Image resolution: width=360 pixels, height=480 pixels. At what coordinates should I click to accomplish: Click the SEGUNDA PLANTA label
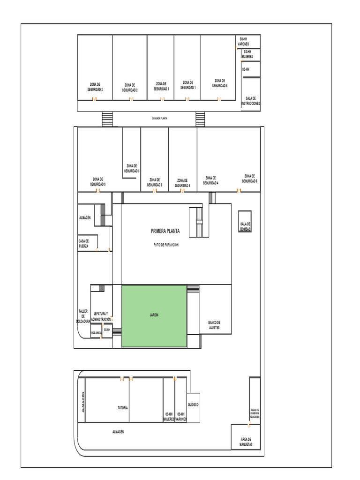click(x=159, y=119)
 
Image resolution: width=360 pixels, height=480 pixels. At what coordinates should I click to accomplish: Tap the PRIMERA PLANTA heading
click(x=165, y=231)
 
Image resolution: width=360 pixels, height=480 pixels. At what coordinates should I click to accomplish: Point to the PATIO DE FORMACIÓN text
click(x=165, y=245)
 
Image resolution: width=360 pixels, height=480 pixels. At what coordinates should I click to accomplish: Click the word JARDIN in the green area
click(x=154, y=315)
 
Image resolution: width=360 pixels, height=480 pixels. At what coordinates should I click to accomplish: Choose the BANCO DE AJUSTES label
click(x=214, y=325)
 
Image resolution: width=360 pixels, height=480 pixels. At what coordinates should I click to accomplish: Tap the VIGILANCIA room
click(x=96, y=332)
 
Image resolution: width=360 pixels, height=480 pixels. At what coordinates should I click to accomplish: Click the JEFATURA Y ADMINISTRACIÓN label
click(x=101, y=316)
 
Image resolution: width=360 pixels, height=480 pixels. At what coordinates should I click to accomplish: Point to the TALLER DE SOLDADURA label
click(x=83, y=316)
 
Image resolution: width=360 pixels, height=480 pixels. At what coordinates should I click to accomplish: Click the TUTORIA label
click(x=122, y=408)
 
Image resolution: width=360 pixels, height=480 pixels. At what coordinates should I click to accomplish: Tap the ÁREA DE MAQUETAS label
click(x=247, y=441)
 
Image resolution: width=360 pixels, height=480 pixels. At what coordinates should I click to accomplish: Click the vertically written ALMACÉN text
click(x=82, y=402)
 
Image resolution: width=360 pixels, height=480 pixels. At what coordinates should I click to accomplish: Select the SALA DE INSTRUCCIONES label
click(x=250, y=101)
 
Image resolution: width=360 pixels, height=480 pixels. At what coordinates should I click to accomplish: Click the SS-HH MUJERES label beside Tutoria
click(x=169, y=417)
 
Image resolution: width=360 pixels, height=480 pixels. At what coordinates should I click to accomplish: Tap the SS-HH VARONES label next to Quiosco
click(x=181, y=417)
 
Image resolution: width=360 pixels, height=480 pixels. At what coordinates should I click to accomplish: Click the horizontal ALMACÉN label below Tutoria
click(x=118, y=431)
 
